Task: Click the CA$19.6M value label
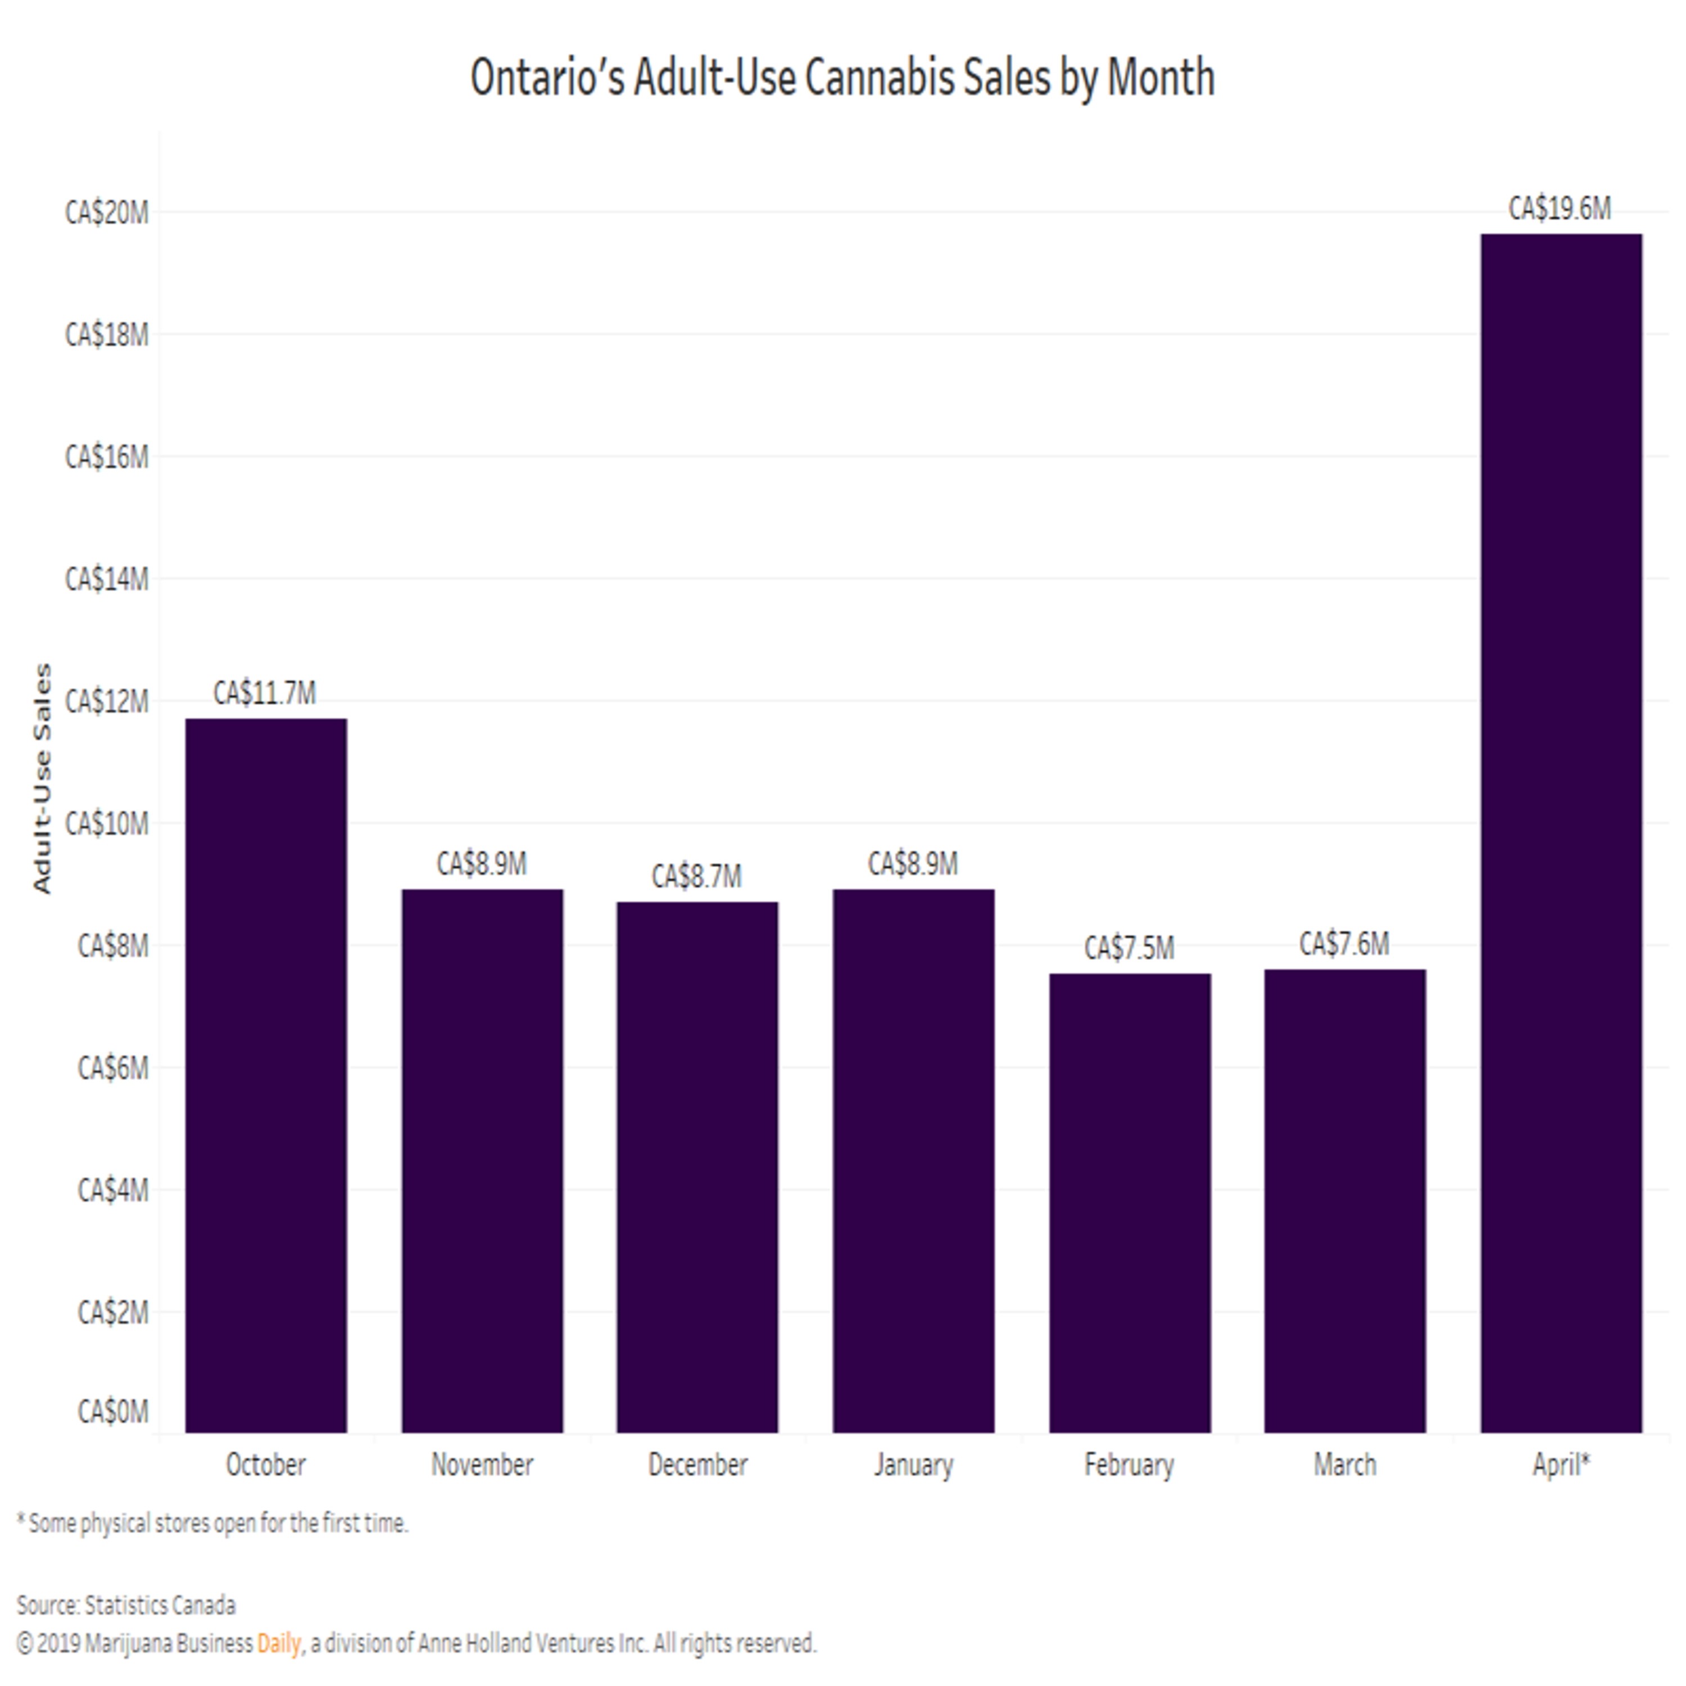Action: pos(1560,209)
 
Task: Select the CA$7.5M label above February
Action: pos(1129,948)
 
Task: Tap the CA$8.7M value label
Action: pos(696,876)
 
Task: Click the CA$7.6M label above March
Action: pos(1344,944)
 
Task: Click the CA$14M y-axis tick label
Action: pos(106,579)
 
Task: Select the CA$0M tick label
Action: pos(112,1411)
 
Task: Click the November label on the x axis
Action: pos(482,1465)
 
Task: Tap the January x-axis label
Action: pos(914,1465)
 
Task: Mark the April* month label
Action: pos(1561,1465)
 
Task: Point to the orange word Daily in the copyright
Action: pos(278,1643)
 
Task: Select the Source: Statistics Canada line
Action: pos(126,1605)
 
